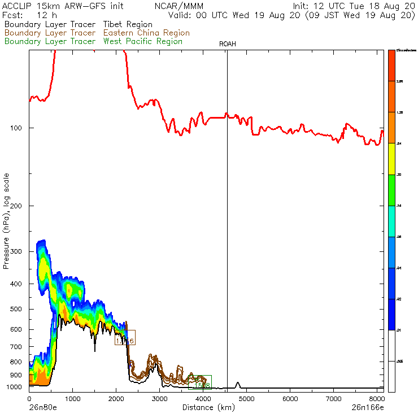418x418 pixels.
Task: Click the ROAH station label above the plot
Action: point(227,43)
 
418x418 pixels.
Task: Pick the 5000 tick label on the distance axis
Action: point(246,398)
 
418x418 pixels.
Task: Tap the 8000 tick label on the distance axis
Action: point(377,398)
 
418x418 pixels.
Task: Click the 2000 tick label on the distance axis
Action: point(116,398)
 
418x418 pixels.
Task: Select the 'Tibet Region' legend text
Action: point(128,25)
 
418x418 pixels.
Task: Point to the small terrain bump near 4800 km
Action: point(238,385)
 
